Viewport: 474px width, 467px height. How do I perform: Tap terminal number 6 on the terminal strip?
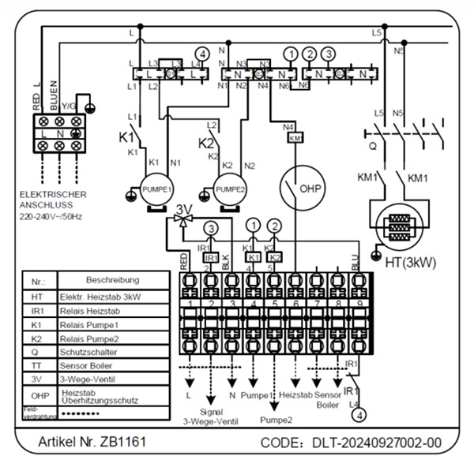[x=295, y=303]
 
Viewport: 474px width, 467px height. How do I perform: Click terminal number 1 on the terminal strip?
[x=190, y=303]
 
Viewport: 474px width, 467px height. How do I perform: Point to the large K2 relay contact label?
[x=205, y=144]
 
